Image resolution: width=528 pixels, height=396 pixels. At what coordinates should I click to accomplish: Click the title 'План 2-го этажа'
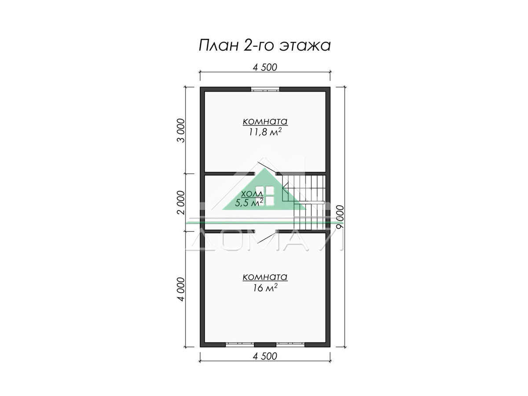click(264, 45)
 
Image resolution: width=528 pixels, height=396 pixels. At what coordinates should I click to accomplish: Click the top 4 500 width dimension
click(265, 67)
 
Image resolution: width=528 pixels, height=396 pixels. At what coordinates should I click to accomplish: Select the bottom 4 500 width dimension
click(265, 356)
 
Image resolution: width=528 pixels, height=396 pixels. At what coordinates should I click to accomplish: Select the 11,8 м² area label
click(265, 132)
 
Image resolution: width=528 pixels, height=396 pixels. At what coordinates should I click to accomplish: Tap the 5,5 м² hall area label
click(249, 202)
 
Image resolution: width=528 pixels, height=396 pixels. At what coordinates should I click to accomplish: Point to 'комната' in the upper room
click(265, 121)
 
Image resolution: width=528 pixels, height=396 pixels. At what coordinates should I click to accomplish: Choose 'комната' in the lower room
click(265, 277)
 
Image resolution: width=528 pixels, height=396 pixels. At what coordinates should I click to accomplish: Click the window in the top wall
click(265, 89)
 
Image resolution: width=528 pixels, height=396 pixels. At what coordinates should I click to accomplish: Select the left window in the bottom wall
click(240, 345)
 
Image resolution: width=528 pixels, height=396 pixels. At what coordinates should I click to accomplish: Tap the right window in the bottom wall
click(290, 345)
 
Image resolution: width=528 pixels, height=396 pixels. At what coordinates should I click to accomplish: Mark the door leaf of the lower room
click(267, 237)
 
